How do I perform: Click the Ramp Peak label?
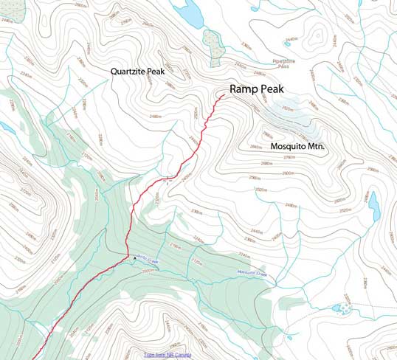click(255, 89)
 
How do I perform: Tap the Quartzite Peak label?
click(141, 72)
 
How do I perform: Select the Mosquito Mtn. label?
click(298, 147)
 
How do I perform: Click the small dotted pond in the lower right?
click(338, 307)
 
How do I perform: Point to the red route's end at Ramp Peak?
click(224, 94)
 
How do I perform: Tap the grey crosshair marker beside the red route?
click(168, 179)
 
